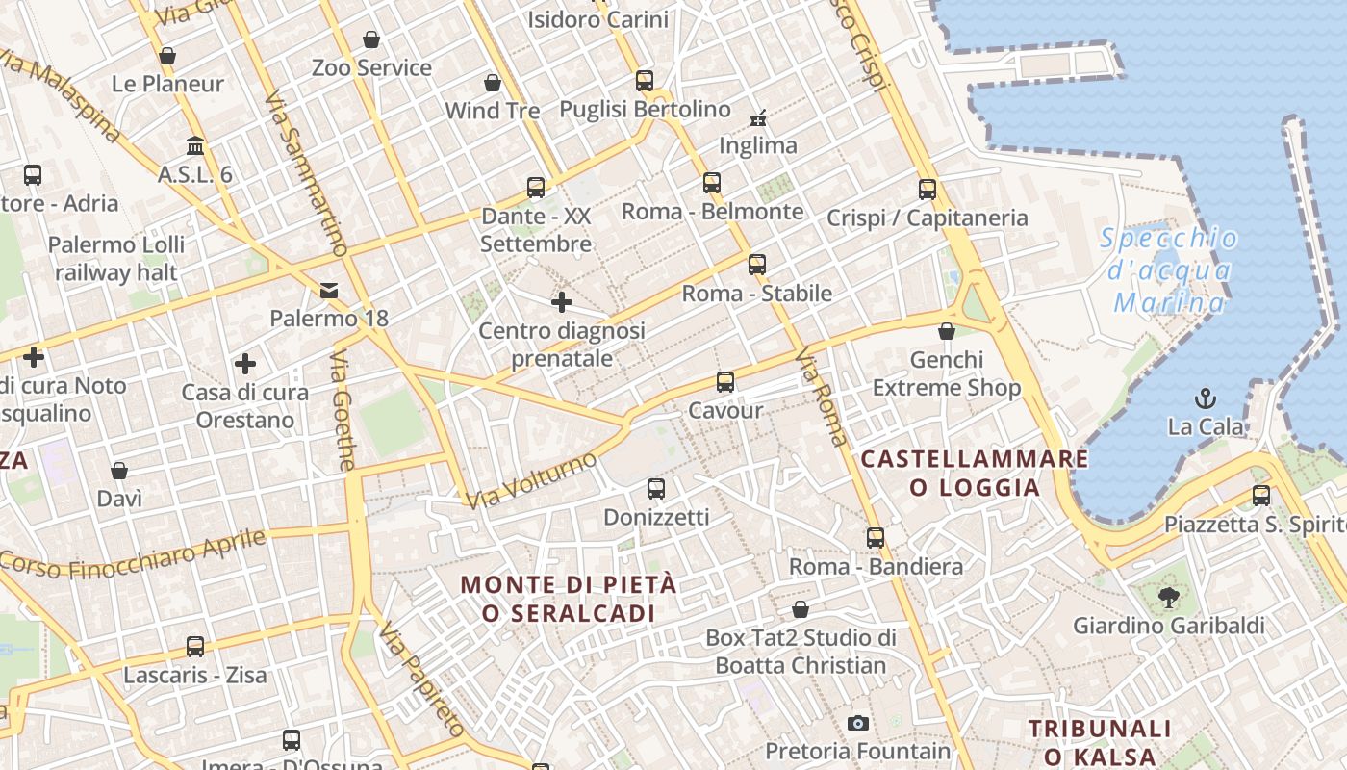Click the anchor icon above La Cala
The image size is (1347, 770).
1204,398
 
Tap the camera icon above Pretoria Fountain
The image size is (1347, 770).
857,723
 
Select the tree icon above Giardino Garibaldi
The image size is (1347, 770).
1168,598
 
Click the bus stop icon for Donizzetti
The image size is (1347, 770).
656,489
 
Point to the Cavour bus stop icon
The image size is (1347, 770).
725,382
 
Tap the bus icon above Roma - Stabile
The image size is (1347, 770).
757,265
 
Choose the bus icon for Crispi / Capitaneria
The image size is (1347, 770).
928,190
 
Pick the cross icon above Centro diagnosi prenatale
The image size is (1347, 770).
562,303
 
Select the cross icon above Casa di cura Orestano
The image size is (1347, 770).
245,364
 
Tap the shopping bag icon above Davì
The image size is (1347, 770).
119,471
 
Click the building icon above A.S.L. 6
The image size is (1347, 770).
195,146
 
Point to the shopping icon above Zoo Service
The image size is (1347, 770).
371,39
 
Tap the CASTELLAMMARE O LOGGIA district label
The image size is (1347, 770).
975,473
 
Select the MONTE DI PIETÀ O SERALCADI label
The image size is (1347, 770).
569,599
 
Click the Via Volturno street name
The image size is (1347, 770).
532,480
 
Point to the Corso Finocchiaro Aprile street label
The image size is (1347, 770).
133,552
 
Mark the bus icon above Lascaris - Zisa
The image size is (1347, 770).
195,646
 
